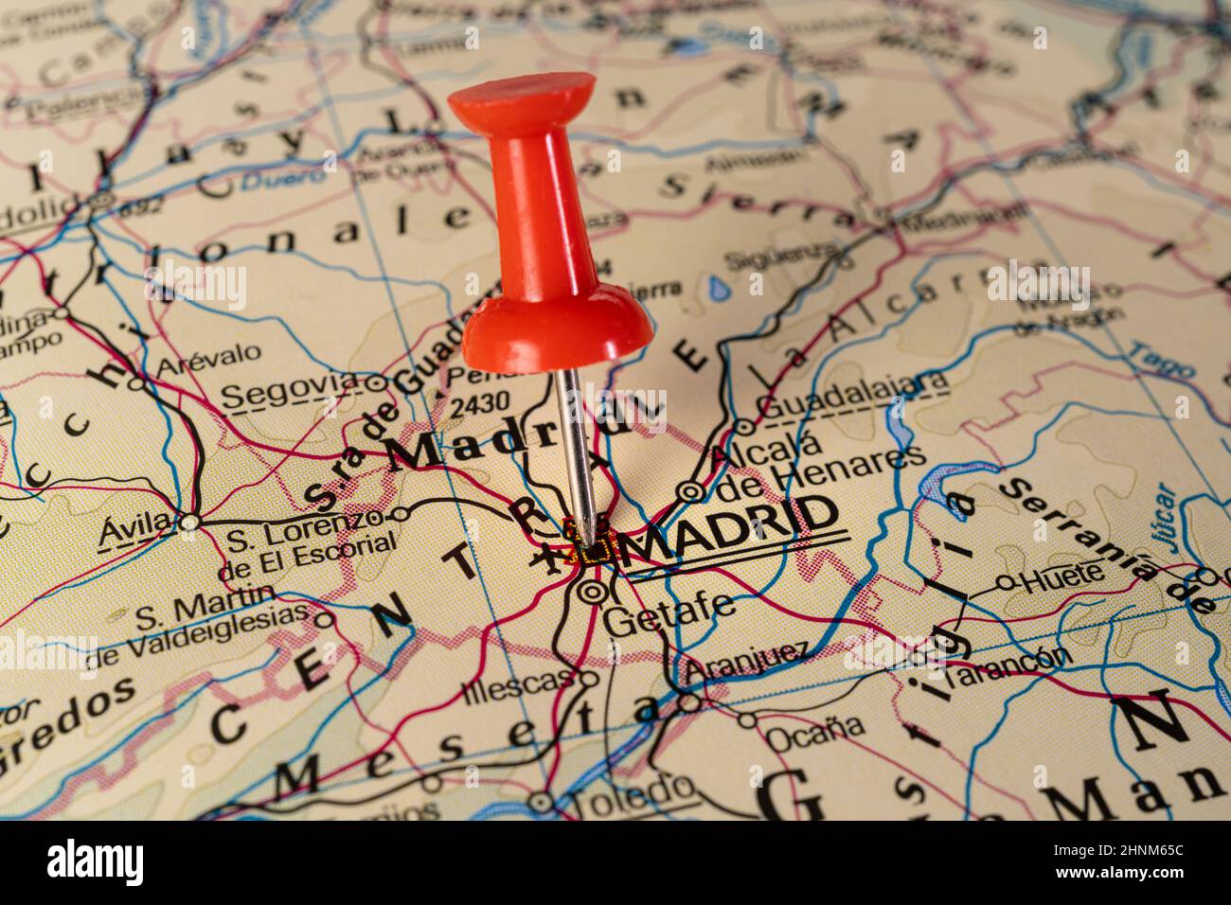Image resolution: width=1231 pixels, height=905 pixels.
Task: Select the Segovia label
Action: coord(291,390)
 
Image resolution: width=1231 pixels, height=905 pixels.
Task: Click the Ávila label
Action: coord(135,527)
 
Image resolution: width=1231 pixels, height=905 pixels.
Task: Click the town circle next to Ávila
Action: coord(190,522)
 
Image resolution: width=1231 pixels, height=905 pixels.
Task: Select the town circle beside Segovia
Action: coord(377,383)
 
